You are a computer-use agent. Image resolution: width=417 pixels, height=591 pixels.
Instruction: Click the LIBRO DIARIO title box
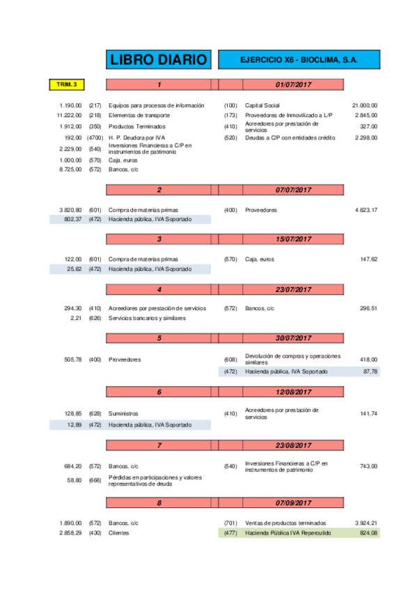[x=159, y=61]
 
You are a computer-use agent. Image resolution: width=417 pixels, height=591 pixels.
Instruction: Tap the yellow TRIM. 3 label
[x=66, y=85]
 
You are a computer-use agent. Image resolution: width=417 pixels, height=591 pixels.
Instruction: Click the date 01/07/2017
[x=292, y=85]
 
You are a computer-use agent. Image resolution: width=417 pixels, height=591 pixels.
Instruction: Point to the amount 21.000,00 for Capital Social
[x=365, y=105]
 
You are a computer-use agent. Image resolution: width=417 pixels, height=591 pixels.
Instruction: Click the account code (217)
[x=95, y=105]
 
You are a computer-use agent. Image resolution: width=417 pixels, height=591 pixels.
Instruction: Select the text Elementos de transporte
[x=139, y=115]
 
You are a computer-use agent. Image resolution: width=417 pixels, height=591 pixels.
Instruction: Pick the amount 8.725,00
[x=71, y=169]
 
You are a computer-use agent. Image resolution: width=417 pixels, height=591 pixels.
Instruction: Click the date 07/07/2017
[x=292, y=190]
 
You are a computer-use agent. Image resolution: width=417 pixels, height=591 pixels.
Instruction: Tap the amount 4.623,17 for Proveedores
[x=365, y=210]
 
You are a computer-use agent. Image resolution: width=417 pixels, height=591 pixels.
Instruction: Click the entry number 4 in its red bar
[x=159, y=289]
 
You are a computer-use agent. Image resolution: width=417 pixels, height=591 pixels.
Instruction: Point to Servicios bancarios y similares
[x=146, y=318]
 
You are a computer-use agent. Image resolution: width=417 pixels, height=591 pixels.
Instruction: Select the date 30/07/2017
[x=292, y=338]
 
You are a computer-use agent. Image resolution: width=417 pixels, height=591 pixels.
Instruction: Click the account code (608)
[x=231, y=359]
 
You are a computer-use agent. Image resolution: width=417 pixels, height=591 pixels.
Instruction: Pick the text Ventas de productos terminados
[x=285, y=523]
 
